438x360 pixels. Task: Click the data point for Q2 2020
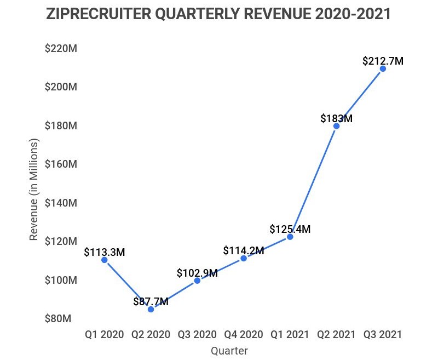click(151, 309)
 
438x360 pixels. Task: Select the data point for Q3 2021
click(383, 68)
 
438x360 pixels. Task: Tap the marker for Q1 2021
click(290, 237)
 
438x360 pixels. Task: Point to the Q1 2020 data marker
click(104, 260)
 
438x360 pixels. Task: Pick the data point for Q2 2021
click(336, 126)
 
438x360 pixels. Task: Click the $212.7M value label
click(383, 61)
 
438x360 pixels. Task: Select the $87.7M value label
click(151, 301)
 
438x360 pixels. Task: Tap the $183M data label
click(336, 118)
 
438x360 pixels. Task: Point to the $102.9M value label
click(197, 273)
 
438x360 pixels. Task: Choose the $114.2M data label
click(244, 250)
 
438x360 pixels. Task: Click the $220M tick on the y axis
click(60, 49)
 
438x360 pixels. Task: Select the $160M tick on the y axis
click(60, 164)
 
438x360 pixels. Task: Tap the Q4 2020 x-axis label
click(244, 334)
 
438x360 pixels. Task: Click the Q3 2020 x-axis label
click(197, 334)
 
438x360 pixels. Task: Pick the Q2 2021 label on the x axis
click(336, 334)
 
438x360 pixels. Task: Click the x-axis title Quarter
click(229, 351)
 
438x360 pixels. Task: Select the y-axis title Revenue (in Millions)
click(34, 190)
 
